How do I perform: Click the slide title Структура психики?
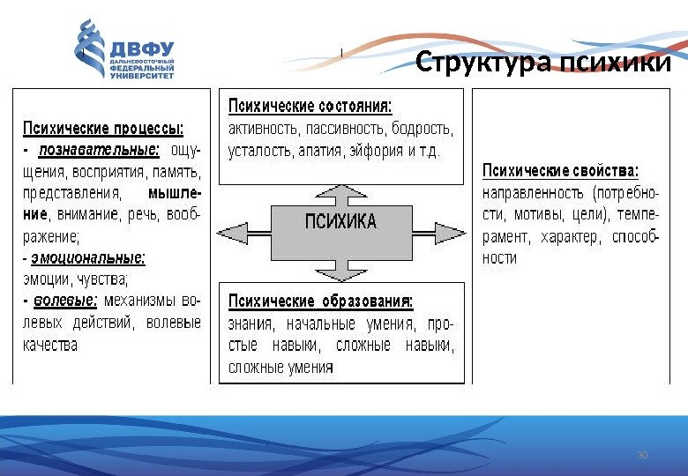[543, 64]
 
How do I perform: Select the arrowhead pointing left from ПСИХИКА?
[232, 231]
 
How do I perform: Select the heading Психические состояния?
[310, 107]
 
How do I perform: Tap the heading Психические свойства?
[561, 170]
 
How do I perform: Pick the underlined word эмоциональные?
[88, 259]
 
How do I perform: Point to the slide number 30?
[641, 455]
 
